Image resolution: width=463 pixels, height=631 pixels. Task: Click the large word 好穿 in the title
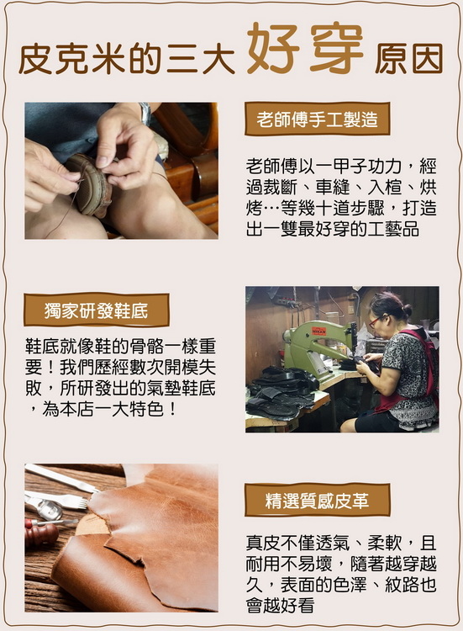point(306,48)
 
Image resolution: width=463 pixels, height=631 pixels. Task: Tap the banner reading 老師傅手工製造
point(317,119)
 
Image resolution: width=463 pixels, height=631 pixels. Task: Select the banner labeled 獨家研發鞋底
point(97,310)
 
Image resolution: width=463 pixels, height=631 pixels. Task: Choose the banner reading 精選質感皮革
point(317,501)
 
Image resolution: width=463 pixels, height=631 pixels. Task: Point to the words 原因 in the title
point(408,59)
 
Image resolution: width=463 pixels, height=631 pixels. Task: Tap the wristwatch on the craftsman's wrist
point(145,114)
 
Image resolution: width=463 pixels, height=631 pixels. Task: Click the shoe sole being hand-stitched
point(89,184)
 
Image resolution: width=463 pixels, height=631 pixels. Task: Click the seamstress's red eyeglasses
point(375,321)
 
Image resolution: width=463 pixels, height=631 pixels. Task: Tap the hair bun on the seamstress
point(407,310)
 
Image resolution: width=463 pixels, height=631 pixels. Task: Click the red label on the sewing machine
point(318,331)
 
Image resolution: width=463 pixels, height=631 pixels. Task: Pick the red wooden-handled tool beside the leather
point(41,534)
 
